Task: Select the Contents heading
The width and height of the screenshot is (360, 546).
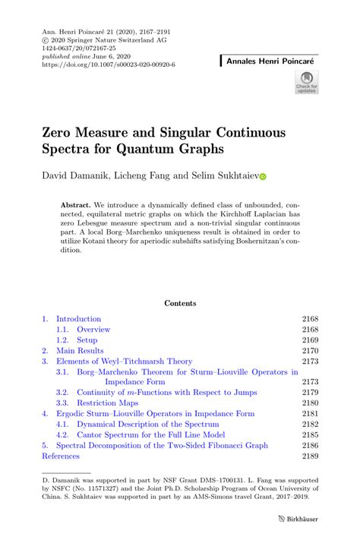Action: click(x=180, y=303)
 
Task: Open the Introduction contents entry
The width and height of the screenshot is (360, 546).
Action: click(x=78, y=319)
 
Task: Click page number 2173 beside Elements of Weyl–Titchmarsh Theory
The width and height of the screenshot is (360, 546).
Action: click(x=310, y=361)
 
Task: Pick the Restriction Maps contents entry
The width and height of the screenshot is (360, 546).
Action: click(x=106, y=402)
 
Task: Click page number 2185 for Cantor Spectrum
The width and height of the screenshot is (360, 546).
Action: click(x=310, y=434)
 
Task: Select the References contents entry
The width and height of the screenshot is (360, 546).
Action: click(x=60, y=456)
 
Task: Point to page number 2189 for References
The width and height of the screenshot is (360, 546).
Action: click(x=310, y=456)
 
